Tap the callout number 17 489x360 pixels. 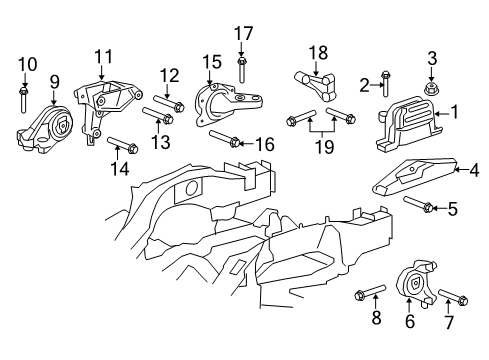pyautogui.click(x=243, y=33)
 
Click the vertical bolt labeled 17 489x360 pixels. pyautogui.click(x=243, y=67)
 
